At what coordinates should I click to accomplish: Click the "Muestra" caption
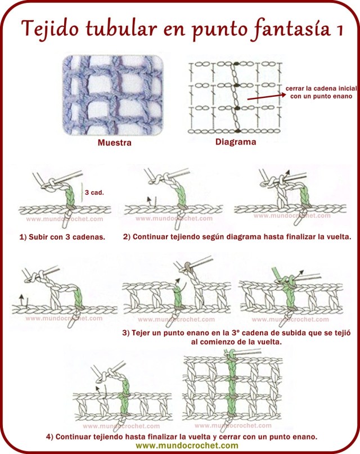pyautogui.click(x=115, y=143)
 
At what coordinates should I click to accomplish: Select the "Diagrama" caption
pyautogui.click(x=236, y=142)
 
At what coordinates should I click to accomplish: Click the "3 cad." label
pyautogui.click(x=95, y=192)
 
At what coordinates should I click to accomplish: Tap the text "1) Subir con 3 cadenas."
pyautogui.click(x=62, y=237)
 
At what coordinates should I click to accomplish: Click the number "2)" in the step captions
pyautogui.click(x=127, y=237)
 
